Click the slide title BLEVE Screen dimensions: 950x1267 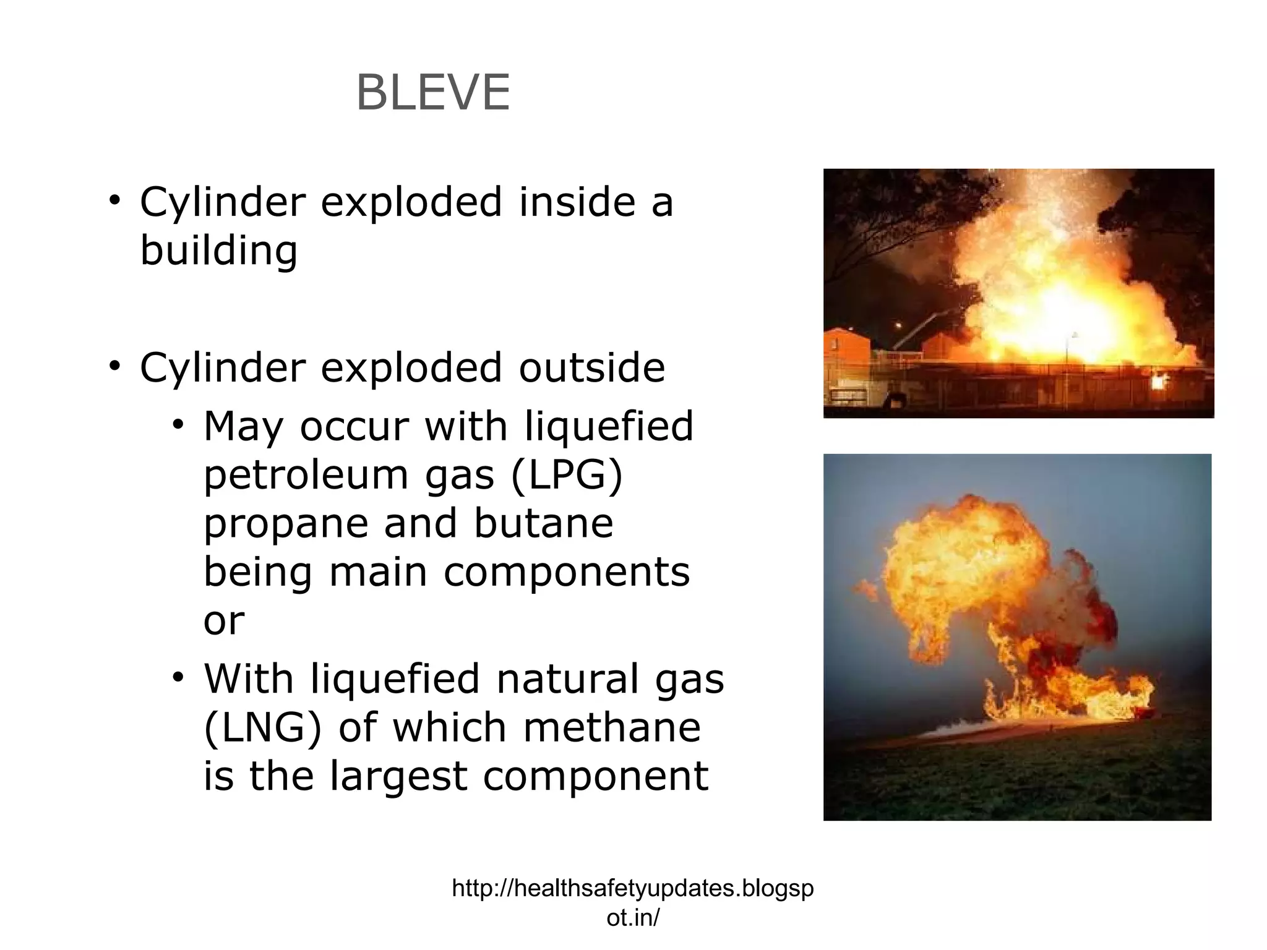pyautogui.click(x=433, y=93)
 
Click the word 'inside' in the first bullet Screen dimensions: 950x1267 pyautogui.click(x=577, y=202)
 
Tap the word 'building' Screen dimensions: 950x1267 pyautogui.click(x=219, y=251)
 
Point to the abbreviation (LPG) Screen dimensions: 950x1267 pyautogui.click(x=567, y=475)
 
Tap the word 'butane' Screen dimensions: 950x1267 pyautogui.click(x=543, y=523)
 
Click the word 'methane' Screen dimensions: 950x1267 pyautogui.click(x=612, y=727)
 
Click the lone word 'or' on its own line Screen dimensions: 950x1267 pyautogui.click(x=224, y=621)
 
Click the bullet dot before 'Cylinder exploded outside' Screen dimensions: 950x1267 pyautogui.click(x=114, y=366)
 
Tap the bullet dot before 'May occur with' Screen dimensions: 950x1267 pyautogui.click(x=179, y=425)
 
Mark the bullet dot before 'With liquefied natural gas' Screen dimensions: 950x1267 pyautogui.click(x=179, y=677)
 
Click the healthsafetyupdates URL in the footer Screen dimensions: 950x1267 pyautogui.click(x=632, y=902)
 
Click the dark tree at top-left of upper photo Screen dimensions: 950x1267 pyautogui.click(x=866, y=204)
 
